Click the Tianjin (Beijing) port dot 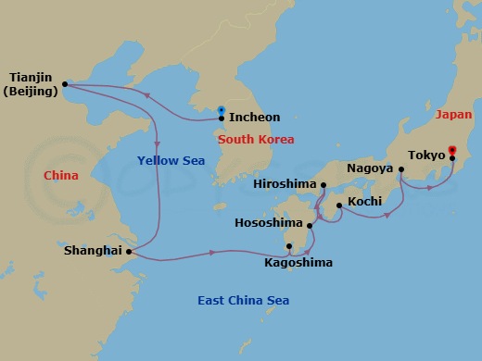click(65, 85)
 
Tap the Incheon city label click(254, 118)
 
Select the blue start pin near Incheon click(221, 110)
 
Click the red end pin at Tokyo click(452, 150)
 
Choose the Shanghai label click(93, 251)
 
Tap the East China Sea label click(244, 300)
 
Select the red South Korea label click(257, 140)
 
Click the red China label click(61, 175)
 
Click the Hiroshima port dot click(323, 184)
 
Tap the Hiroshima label click(285, 184)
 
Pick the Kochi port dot click(339, 205)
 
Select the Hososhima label click(269, 223)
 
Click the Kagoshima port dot click(289, 246)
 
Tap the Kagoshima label click(298, 263)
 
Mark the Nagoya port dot click(401, 169)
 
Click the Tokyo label click(427, 156)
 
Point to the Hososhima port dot click(309, 224)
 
